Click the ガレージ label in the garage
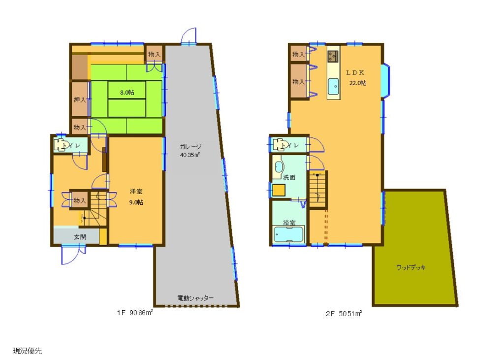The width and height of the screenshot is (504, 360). click(x=190, y=147)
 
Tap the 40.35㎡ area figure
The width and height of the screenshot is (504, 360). click(x=190, y=155)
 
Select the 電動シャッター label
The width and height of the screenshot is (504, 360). click(x=195, y=298)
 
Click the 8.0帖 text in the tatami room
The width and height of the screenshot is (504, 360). click(x=127, y=93)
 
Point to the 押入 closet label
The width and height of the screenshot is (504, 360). click(x=80, y=100)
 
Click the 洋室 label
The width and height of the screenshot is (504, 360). click(x=136, y=192)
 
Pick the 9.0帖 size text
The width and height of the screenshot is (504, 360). click(x=136, y=202)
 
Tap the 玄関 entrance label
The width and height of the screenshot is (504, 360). click(x=80, y=237)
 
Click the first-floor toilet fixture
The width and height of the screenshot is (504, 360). click(x=61, y=145)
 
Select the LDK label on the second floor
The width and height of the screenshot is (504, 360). click(x=355, y=73)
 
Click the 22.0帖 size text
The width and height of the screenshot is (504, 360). click(x=358, y=83)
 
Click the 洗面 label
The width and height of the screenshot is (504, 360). click(x=289, y=177)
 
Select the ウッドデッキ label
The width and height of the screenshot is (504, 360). click(x=411, y=267)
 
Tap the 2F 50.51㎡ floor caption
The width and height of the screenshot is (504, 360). click(x=344, y=313)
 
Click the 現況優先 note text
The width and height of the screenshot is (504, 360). click(x=28, y=351)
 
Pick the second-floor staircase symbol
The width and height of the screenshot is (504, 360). click(x=318, y=190)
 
